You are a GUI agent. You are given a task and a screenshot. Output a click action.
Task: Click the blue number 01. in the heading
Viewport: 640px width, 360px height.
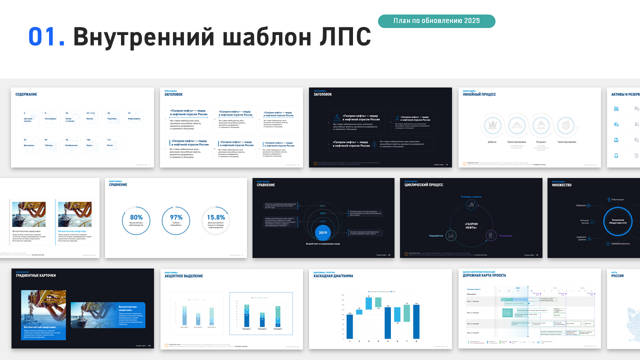point(46,36)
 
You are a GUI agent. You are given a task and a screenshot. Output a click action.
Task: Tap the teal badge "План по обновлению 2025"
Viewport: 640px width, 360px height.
point(436,21)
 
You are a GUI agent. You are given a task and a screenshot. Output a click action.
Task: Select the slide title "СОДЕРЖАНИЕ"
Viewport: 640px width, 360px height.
point(26,94)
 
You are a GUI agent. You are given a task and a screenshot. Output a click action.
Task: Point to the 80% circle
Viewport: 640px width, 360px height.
point(136,220)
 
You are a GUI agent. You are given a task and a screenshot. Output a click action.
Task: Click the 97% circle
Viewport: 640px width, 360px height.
point(176,220)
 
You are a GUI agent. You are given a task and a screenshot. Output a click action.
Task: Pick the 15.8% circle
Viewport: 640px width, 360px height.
point(216,220)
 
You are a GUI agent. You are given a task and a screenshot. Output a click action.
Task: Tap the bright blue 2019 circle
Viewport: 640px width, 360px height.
point(323,232)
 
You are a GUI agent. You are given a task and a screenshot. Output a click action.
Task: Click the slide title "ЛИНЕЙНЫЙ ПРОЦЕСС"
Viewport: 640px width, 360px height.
point(479,94)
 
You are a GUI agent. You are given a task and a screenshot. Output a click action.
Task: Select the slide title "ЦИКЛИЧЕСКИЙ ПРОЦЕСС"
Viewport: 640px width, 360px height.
point(424,185)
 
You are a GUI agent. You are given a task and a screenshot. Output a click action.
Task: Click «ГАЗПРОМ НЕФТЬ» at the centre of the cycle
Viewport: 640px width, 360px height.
point(471,225)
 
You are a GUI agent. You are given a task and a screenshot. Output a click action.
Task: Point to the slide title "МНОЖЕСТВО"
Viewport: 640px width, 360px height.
point(561,185)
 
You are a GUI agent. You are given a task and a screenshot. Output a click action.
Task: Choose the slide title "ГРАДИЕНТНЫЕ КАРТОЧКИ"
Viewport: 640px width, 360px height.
point(35,276)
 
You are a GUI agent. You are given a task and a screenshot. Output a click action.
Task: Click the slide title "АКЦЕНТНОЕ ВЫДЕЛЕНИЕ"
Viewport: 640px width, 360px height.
point(184,276)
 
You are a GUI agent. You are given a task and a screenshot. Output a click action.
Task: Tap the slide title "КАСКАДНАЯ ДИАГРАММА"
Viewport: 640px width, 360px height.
point(333,276)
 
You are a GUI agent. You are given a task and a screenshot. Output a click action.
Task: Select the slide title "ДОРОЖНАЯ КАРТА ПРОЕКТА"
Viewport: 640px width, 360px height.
point(484,275)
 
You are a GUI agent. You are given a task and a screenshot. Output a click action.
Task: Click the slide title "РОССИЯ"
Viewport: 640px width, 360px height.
point(617,276)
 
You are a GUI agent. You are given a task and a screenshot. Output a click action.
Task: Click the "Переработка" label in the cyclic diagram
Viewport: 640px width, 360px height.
point(436,235)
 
